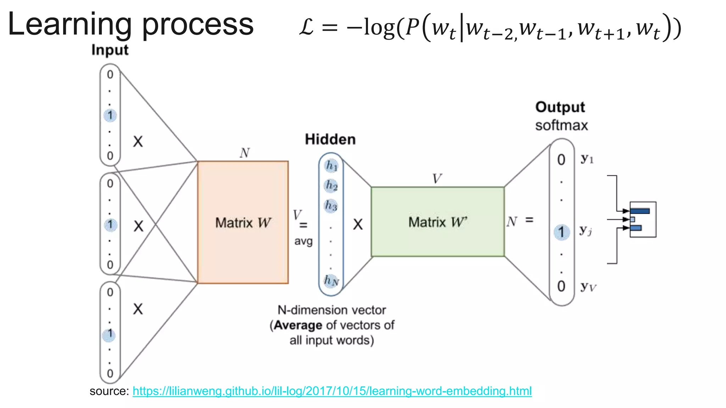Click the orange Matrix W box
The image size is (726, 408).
point(243,222)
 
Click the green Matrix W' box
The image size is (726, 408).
point(437,222)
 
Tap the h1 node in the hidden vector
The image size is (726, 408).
point(331,165)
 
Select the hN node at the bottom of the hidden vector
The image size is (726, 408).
point(331,280)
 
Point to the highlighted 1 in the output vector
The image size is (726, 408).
point(562,232)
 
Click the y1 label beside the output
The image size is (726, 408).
point(587,159)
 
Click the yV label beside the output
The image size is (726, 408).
point(588,287)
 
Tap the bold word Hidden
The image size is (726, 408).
point(330,139)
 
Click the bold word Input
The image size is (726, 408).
point(110,50)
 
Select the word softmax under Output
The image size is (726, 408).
point(561,125)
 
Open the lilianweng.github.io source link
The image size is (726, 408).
point(332,391)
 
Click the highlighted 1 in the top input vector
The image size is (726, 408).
point(110,115)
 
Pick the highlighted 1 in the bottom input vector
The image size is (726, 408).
point(109,334)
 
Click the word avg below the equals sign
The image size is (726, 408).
point(303,242)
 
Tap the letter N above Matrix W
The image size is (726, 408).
point(245,153)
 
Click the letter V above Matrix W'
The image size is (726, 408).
point(437,178)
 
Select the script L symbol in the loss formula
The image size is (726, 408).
point(306,27)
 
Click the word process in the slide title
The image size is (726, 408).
point(198,25)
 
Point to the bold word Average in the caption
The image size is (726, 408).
point(298,325)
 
